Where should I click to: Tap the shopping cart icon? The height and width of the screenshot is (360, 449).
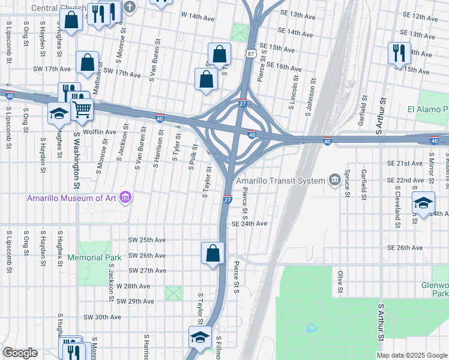(82, 109)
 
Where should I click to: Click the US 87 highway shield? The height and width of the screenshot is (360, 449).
(250, 54)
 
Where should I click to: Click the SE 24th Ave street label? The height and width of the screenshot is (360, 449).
(249, 224)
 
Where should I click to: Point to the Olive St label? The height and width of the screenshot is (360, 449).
(340, 281)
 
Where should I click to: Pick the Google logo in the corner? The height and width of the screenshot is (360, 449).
(19, 353)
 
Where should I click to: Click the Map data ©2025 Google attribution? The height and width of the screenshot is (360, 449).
(411, 355)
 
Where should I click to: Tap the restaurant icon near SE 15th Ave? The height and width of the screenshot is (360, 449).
(399, 53)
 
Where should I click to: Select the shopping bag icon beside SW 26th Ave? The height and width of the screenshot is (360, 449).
(213, 253)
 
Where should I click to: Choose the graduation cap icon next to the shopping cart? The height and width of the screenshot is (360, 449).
(59, 113)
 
